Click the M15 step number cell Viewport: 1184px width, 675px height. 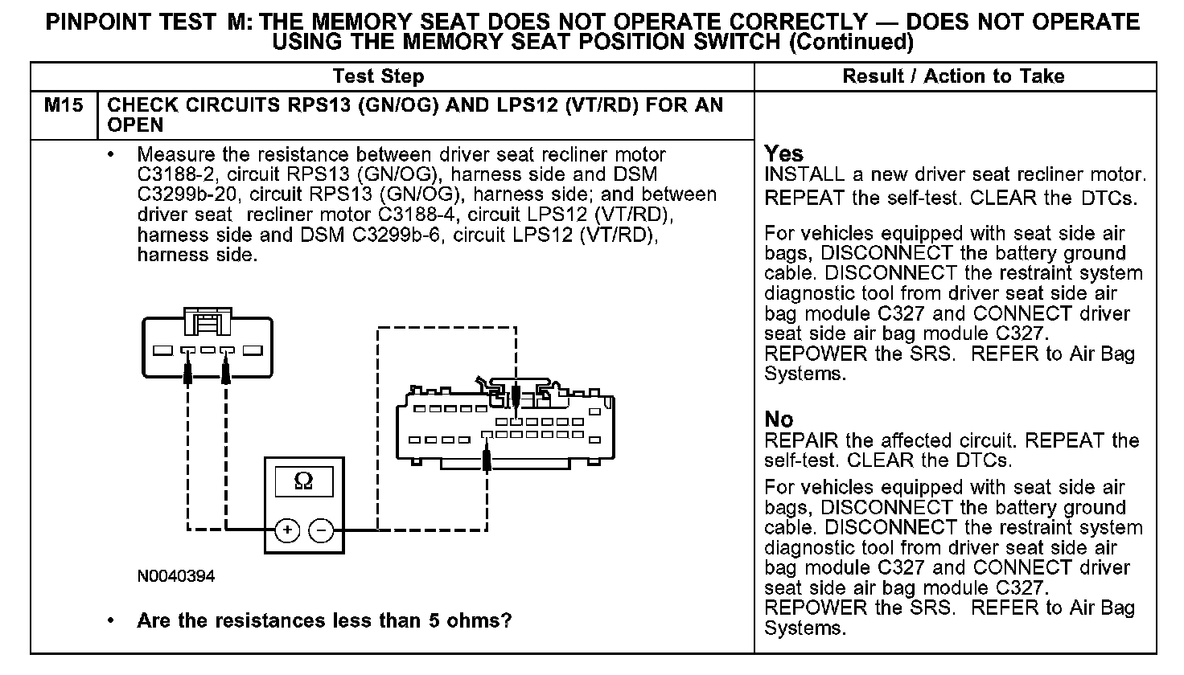tap(63, 105)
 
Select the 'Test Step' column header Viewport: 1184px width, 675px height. tap(378, 76)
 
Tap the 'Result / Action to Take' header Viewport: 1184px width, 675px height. tap(953, 76)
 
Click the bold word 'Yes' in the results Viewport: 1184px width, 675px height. tap(783, 153)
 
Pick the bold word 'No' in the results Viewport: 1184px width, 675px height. tap(778, 419)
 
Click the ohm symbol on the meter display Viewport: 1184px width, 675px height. tap(304, 481)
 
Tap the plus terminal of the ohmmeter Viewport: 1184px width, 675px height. tap(287, 530)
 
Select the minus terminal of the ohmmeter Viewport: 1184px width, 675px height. tap(321, 530)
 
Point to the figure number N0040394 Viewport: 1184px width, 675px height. tap(175, 577)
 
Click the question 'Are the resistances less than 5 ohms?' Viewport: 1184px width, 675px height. tap(324, 620)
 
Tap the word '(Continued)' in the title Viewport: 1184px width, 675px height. tap(851, 42)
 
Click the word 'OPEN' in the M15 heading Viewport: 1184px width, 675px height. tap(135, 125)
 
